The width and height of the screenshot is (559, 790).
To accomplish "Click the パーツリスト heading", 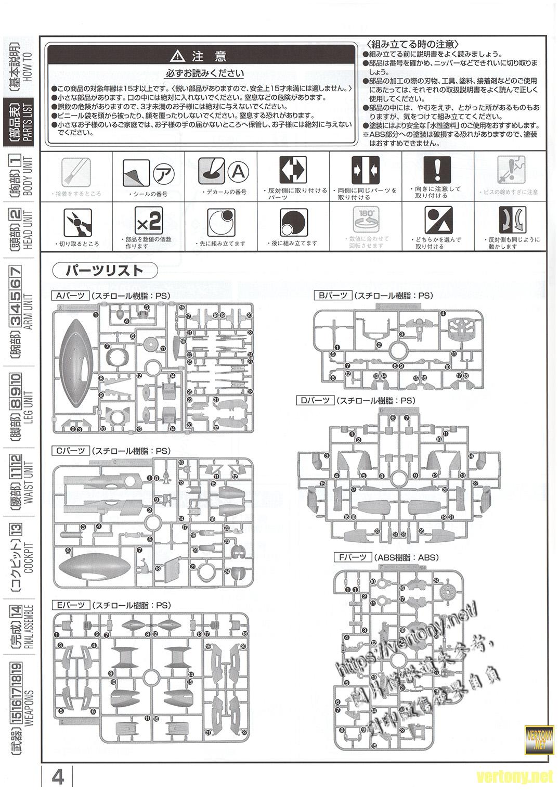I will (105, 271).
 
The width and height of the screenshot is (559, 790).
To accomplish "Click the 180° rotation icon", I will (368, 220).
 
